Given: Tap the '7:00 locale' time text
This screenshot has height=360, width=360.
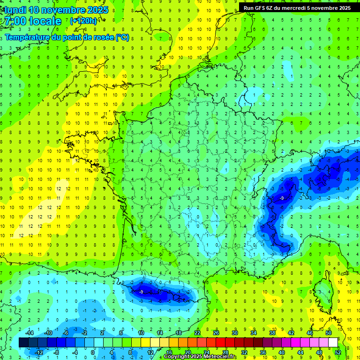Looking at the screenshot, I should point(32,21).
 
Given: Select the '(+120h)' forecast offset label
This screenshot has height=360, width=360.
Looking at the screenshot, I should point(83,21).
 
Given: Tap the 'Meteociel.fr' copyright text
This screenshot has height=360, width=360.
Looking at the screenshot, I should point(217,357).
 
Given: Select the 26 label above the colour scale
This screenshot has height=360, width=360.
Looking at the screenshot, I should point(216,333).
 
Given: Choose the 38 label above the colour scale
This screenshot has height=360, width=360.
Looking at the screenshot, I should point(272,333).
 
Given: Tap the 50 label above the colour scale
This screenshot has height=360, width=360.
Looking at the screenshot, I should point(329,333).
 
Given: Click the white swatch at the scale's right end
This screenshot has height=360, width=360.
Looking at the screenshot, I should point(333,343).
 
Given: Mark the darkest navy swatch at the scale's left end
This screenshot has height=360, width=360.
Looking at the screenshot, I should point(23,343).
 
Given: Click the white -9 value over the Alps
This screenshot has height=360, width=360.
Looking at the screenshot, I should point(281,198).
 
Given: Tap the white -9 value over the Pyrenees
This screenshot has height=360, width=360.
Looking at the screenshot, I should point(141,292).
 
